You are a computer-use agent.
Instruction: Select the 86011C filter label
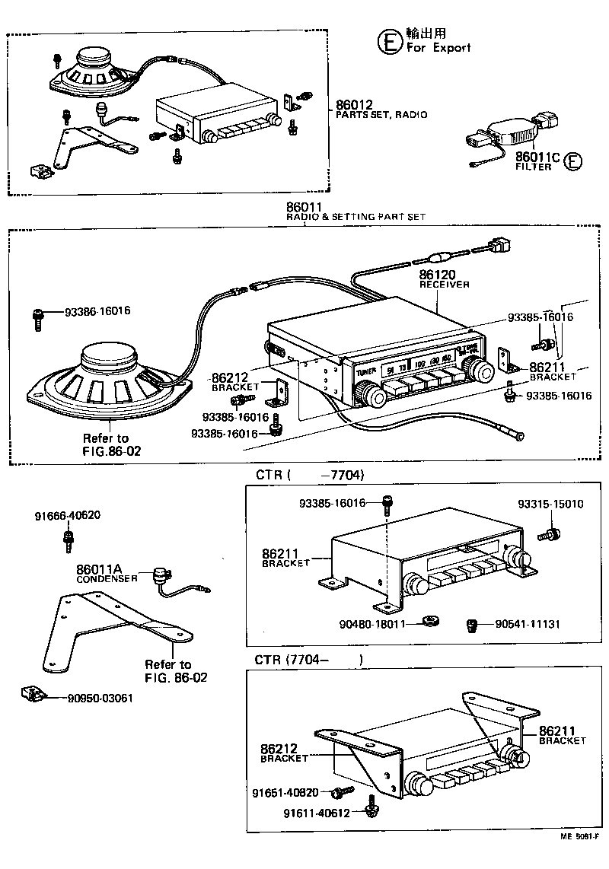coord(537,158)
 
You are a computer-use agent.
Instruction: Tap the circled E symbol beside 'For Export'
coord(388,40)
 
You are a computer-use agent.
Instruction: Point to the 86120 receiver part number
coord(438,273)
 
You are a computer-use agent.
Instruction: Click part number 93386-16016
coord(97,311)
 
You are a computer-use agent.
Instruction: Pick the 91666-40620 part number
coord(67,515)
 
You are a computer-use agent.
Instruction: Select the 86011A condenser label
coord(99,568)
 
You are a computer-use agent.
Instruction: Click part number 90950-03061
coord(100,698)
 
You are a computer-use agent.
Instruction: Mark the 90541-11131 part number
coord(528,624)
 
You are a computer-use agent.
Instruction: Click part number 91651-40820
coord(285,793)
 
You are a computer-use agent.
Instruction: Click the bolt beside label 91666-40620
coord(67,542)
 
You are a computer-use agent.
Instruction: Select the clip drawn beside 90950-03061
coord(34,694)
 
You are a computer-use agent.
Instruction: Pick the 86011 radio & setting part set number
coord(304,207)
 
